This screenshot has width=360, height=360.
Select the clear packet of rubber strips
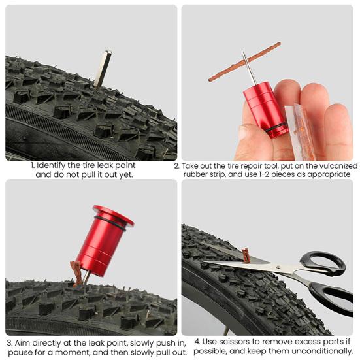click(303, 131)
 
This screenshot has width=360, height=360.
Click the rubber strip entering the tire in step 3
click(76, 272)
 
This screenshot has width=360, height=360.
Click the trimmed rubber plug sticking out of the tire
click(246, 254)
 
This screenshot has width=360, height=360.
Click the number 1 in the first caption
click(33, 166)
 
